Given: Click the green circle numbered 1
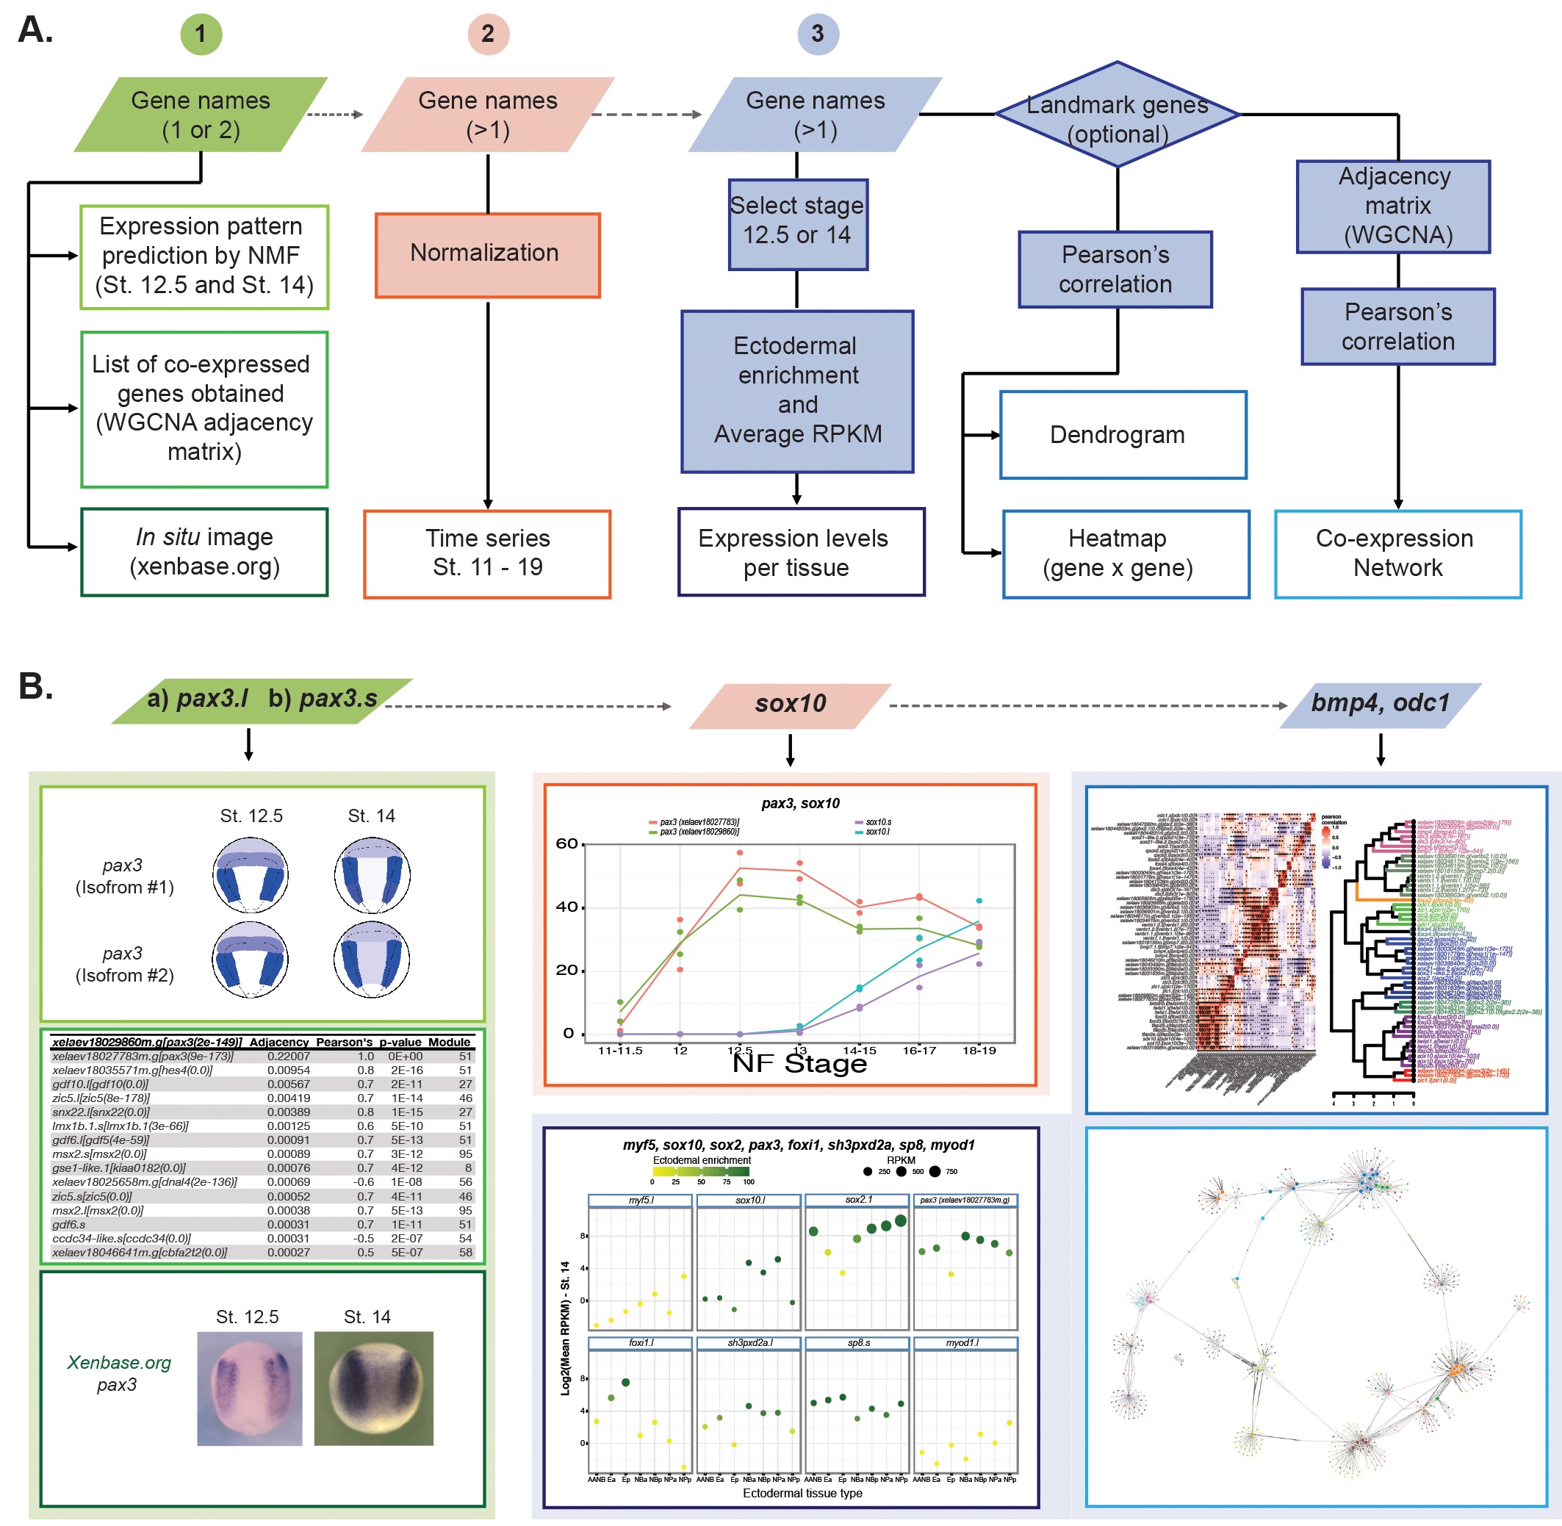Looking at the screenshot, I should (201, 34).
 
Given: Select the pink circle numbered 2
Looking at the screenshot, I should (487, 34).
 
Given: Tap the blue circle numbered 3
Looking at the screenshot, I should (818, 34).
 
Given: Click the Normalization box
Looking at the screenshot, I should (487, 254).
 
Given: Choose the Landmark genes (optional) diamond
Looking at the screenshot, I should (1117, 116).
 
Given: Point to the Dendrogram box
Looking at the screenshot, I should (1122, 434).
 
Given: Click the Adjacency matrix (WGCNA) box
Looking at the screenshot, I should (1393, 206).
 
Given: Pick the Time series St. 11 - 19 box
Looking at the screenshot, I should (487, 553).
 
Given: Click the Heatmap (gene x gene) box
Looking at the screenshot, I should (1126, 553).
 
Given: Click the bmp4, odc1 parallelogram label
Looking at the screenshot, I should (1379, 705).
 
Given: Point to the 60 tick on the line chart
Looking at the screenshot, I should (566, 843).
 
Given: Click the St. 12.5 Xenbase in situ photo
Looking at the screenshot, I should (249, 1387).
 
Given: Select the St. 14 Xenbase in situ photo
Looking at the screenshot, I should (372, 1387).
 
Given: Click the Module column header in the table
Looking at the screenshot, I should (449, 1042).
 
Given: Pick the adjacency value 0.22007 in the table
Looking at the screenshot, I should (288, 1057).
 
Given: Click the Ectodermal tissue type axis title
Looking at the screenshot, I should (802, 1492).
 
